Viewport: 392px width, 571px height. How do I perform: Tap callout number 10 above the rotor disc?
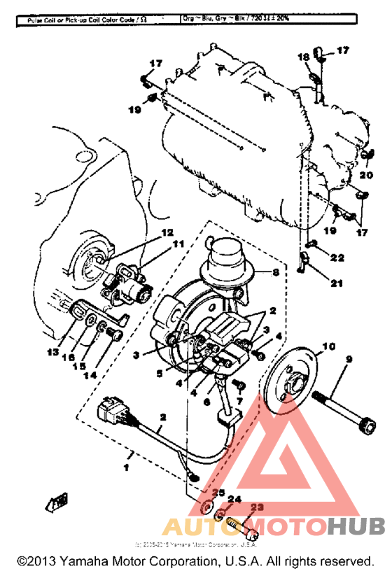tap(329, 346)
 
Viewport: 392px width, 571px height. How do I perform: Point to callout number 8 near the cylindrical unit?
tap(275, 273)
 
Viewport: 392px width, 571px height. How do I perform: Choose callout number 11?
tap(177, 245)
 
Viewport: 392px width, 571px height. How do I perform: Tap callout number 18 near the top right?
tap(303, 57)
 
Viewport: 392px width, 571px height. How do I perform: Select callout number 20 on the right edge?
tap(366, 175)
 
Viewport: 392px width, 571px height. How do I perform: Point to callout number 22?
tap(338, 258)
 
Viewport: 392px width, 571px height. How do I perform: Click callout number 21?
tap(337, 283)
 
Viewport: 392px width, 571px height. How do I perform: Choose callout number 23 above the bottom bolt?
tap(257, 509)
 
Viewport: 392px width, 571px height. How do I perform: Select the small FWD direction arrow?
tap(58, 501)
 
